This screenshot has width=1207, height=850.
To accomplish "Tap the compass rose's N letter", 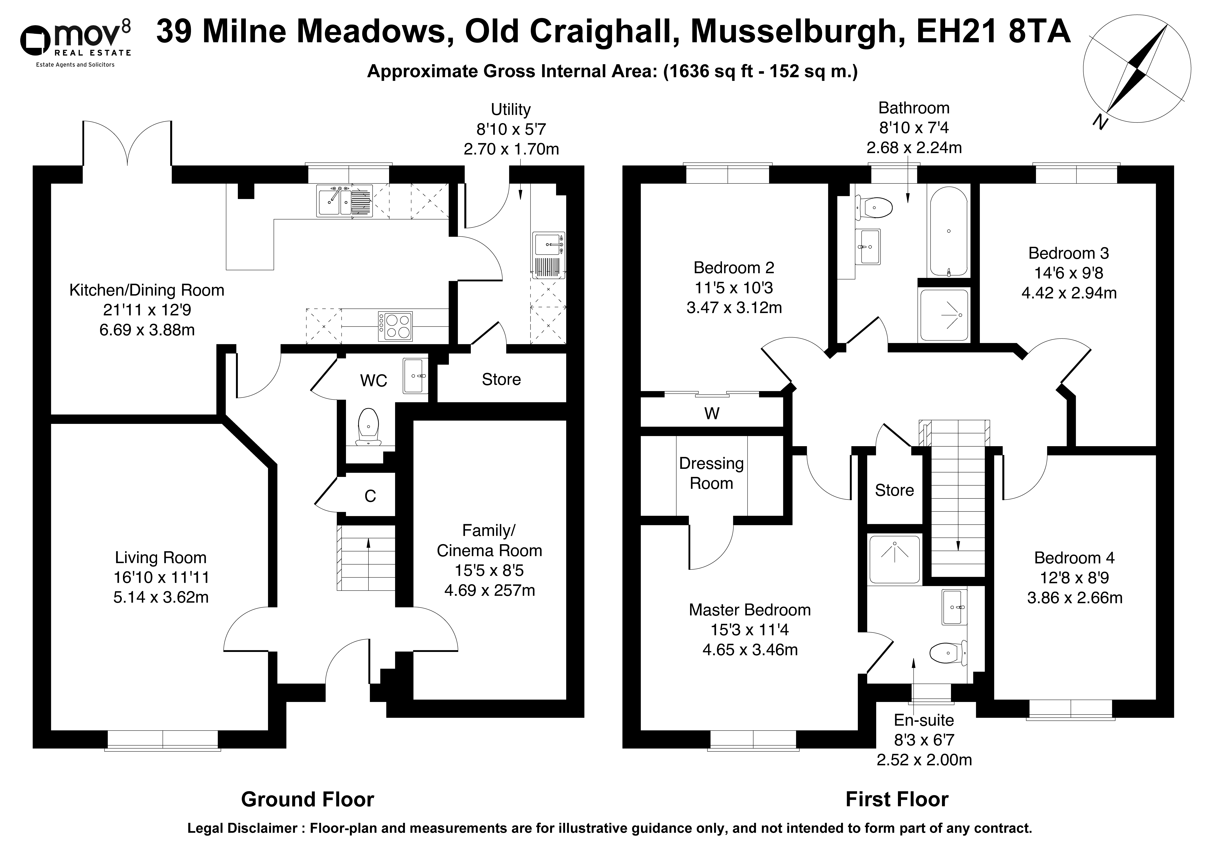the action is (x=1099, y=122).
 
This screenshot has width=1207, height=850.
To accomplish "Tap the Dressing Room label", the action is (x=711, y=473).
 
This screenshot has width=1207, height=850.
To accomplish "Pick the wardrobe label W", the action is (x=712, y=414).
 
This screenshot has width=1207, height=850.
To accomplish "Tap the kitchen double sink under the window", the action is (x=344, y=201).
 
